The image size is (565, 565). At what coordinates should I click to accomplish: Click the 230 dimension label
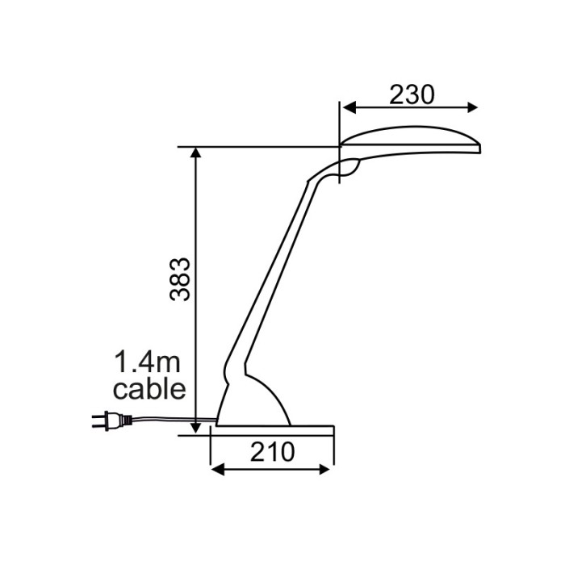click(x=412, y=94)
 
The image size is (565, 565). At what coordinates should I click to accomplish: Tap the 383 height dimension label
click(x=180, y=279)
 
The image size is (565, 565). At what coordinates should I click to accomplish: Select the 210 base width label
click(x=273, y=452)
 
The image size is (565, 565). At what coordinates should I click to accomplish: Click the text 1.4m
click(x=147, y=362)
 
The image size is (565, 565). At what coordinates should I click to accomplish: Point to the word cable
click(x=149, y=389)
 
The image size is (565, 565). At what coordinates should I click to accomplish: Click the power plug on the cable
click(x=111, y=421)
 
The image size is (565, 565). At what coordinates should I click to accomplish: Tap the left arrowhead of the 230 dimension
click(x=349, y=107)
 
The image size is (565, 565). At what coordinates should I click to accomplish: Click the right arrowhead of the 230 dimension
click(x=471, y=107)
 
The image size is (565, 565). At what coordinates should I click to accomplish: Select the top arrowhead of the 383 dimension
click(x=195, y=153)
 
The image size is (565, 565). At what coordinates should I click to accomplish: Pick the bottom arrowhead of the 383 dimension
click(x=195, y=428)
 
